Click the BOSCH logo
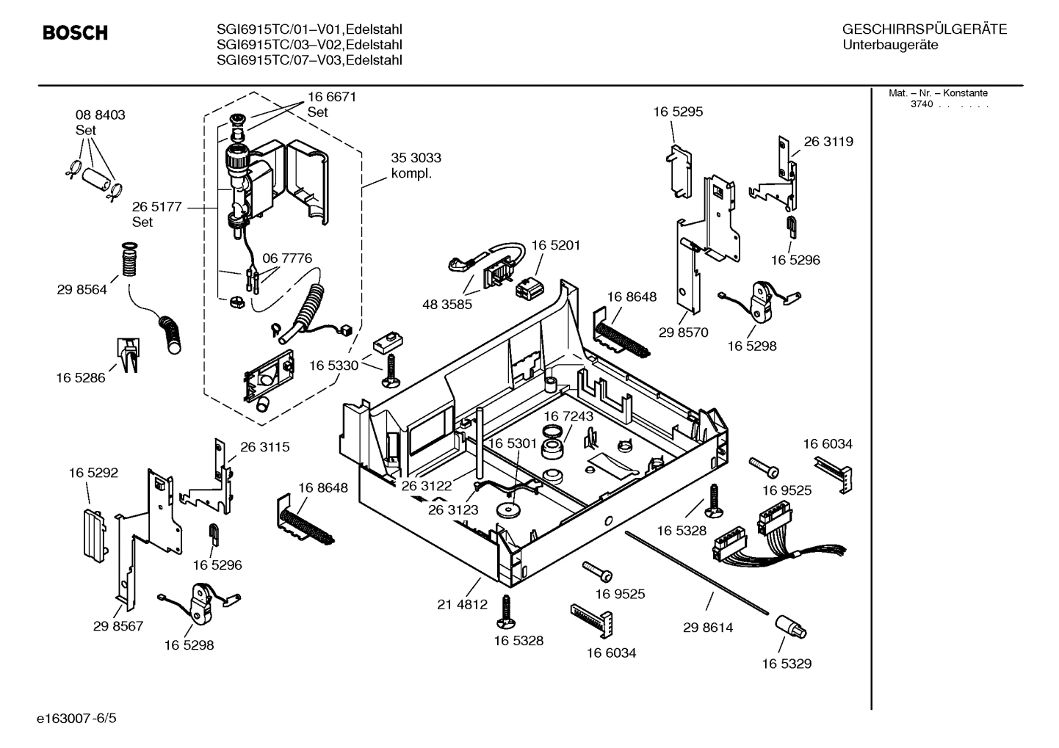click(x=75, y=33)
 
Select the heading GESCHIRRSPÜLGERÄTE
click(x=924, y=29)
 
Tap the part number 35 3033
click(x=416, y=158)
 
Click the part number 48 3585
click(x=447, y=304)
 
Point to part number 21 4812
click(x=462, y=605)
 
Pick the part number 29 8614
click(x=708, y=628)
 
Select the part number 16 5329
click(x=787, y=664)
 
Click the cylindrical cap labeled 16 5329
click(x=790, y=628)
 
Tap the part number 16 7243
click(x=568, y=416)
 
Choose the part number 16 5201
click(x=556, y=245)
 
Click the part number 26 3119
click(x=828, y=142)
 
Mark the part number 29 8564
click(x=82, y=289)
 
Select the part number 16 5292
click(x=93, y=473)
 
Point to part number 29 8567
click(x=118, y=626)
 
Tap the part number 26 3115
click(x=264, y=446)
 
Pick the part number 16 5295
click(x=678, y=112)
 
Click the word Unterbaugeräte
click(x=890, y=45)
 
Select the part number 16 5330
click(x=333, y=365)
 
